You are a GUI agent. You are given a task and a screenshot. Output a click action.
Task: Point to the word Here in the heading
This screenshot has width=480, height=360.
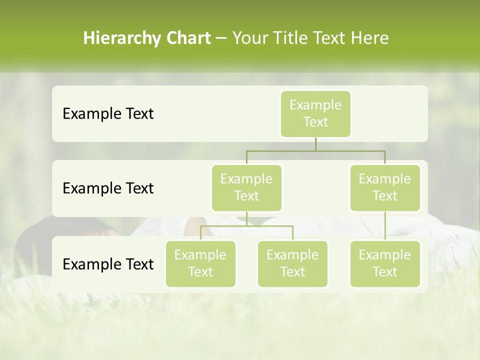(x=370, y=38)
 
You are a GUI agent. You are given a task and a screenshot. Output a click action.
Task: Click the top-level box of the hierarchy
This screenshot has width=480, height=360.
(x=315, y=113)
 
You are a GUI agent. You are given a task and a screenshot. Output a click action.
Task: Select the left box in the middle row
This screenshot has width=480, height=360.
(x=246, y=187)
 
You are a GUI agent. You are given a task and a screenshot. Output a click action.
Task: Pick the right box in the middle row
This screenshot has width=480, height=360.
(x=385, y=187)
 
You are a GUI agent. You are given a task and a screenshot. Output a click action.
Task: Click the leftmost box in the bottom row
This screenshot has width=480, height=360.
(x=200, y=263)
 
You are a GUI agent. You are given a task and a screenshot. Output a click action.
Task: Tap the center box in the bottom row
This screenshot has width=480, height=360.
(x=292, y=263)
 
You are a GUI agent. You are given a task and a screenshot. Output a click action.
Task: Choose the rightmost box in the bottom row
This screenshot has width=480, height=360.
(x=385, y=263)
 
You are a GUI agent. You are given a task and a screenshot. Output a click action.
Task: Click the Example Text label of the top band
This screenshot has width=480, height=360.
(x=108, y=113)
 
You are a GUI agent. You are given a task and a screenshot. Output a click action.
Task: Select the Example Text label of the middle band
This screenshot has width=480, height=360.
(x=108, y=188)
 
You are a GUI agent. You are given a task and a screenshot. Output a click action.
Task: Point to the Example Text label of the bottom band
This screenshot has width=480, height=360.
(x=108, y=264)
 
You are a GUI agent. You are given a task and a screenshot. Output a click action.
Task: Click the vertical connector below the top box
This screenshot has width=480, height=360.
(x=315, y=144)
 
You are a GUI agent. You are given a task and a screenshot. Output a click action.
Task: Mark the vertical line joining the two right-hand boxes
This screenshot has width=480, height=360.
(x=385, y=226)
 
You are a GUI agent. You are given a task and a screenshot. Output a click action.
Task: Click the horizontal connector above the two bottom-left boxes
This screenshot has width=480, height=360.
(x=246, y=226)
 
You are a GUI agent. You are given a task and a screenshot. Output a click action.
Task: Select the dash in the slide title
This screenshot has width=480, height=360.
(x=221, y=38)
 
